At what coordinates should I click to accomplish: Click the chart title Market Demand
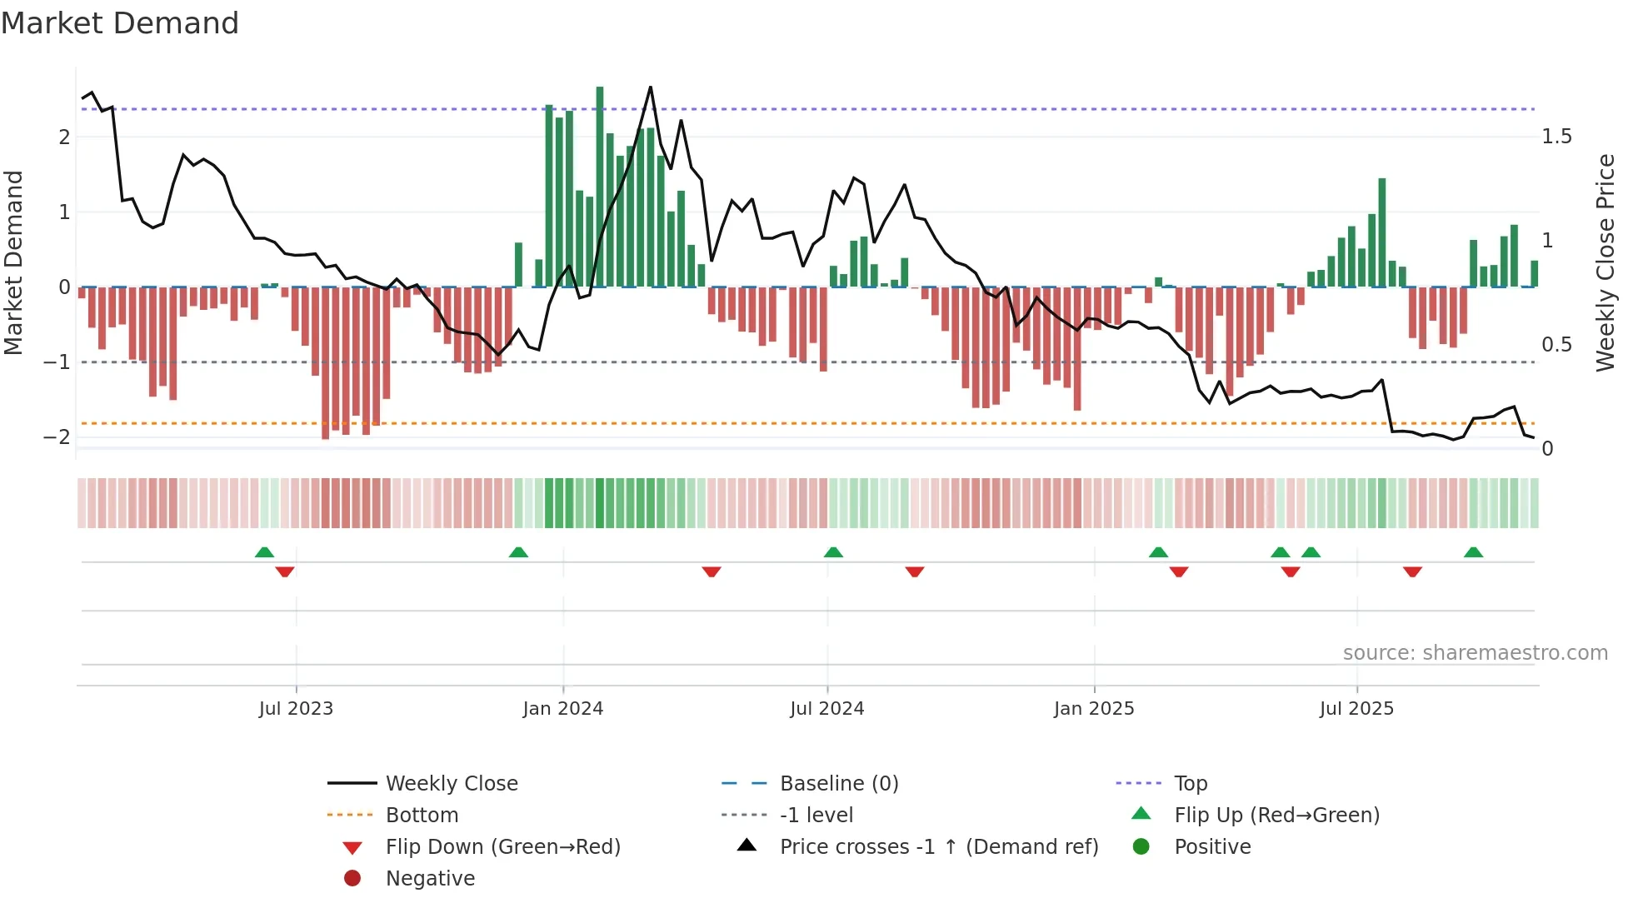(120, 23)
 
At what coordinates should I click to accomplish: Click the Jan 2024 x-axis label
(562, 709)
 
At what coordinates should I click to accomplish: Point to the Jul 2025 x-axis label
(1356, 709)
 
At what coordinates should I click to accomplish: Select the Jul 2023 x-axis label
(296, 709)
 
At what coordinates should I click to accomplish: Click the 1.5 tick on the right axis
(1556, 137)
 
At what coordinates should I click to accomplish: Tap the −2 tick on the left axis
(57, 437)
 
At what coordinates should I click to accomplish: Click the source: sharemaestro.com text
(1475, 653)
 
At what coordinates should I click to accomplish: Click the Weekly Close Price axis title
(1605, 262)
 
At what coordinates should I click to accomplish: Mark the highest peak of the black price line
(651, 87)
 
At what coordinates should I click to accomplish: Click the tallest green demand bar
(600, 187)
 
